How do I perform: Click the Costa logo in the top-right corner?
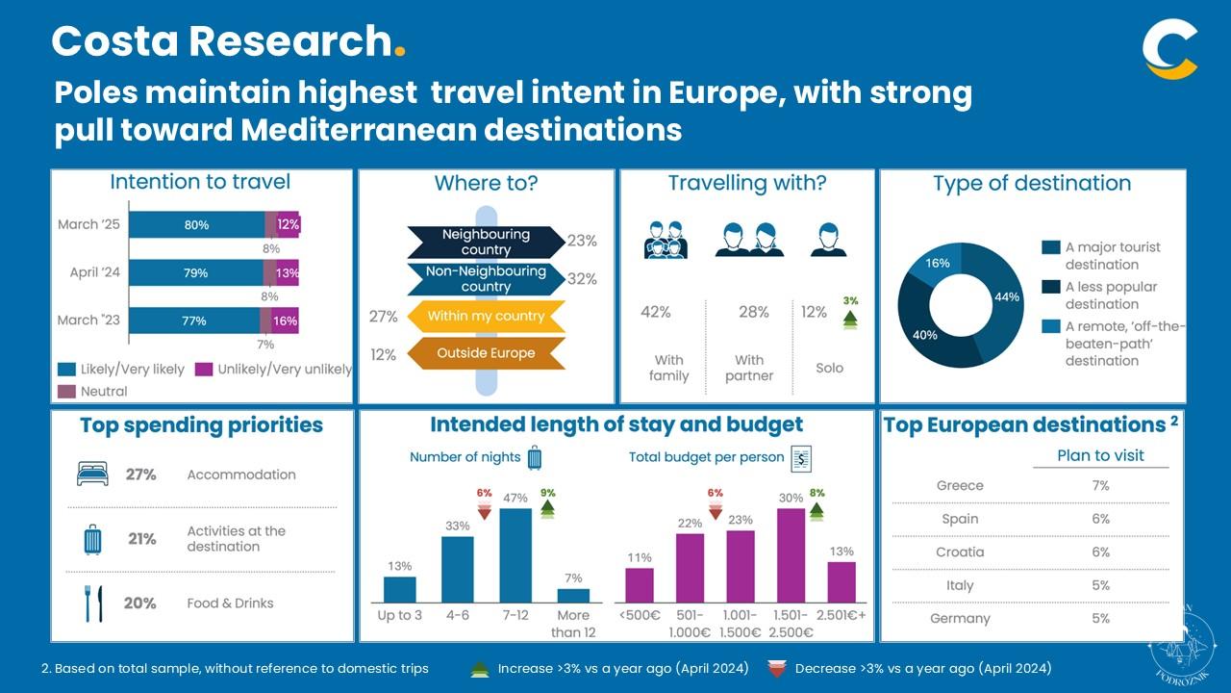point(1170,50)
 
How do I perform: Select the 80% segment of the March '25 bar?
point(197,224)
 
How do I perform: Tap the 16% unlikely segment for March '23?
point(285,321)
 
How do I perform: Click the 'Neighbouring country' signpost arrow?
point(486,242)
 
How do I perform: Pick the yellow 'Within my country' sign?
point(486,316)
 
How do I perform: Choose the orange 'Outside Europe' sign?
point(486,353)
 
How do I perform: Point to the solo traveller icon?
point(828,240)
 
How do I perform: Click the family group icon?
point(666,241)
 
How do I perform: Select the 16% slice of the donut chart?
point(936,265)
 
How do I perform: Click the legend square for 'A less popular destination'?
point(1051,287)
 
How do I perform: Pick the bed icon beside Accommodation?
point(92,474)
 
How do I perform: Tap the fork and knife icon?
point(92,603)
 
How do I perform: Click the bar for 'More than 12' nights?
point(573,595)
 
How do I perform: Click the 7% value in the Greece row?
point(1100,486)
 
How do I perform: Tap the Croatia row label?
point(960,552)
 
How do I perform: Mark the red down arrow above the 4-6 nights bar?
point(485,511)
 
